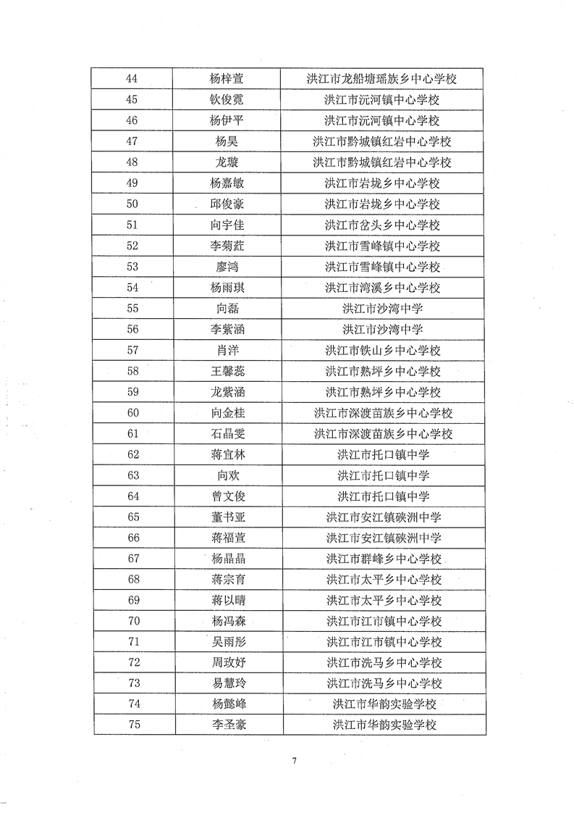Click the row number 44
tap(132, 79)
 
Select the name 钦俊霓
tap(222, 100)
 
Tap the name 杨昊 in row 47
tap(222, 141)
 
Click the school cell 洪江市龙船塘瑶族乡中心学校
tap(382, 79)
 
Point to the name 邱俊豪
tap(222, 204)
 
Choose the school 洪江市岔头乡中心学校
tap(382, 225)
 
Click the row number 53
tap(132, 267)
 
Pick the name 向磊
tap(222, 309)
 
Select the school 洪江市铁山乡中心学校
tap(382, 351)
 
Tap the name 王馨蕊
tap(222, 372)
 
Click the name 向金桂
tap(222, 413)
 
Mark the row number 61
tap(132, 434)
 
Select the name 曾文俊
tap(222, 496)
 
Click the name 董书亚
tap(222, 517)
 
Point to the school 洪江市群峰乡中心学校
tap(382, 559)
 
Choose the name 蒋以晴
tap(222, 601)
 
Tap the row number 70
tap(132, 621)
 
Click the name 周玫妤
tap(222, 663)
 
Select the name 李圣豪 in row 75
tap(222, 725)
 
